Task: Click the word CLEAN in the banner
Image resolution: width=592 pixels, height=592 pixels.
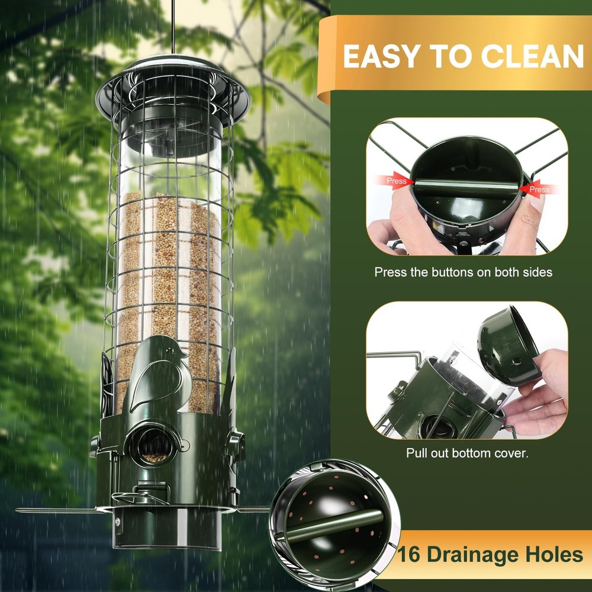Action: tap(532, 57)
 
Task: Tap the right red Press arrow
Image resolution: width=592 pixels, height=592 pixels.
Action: tap(537, 189)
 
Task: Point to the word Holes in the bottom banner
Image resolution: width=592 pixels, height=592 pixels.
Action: tap(554, 555)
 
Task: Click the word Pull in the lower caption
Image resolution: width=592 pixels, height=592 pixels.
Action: tap(416, 453)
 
